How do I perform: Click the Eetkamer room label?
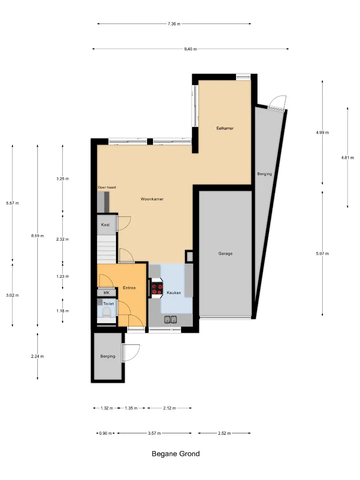click(225, 128)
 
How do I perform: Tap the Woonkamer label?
click(152, 199)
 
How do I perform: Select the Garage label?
click(226, 253)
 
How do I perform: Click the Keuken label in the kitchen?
click(174, 292)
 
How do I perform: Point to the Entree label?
click(129, 288)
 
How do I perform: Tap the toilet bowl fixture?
click(107, 312)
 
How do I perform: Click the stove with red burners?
click(157, 288)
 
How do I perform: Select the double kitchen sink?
click(171, 320)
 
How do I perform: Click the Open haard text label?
click(107, 188)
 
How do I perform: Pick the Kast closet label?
click(105, 225)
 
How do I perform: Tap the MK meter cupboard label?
click(107, 293)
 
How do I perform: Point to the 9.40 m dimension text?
click(190, 49)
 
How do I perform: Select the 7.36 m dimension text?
click(174, 24)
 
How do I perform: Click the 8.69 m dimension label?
click(37, 236)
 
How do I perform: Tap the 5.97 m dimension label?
click(322, 253)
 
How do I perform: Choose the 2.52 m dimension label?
click(224, 433)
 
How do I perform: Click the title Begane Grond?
click(176, 454)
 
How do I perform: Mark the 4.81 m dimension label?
click(348, 158)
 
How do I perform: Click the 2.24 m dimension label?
click(37, 356)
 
